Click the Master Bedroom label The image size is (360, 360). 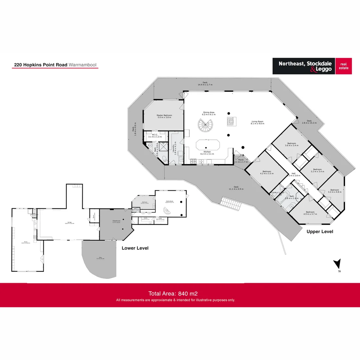[164, 116]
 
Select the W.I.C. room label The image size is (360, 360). [155, 136]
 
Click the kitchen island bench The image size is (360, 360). [207, 145]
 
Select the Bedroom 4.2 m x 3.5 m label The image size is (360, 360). [266, 172]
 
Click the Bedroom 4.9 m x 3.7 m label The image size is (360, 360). [310, 213]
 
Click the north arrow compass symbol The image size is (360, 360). [337, 264]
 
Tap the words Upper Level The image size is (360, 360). [320, 231]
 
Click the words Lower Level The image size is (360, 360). [135, 248]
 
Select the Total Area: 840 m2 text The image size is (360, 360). [173, 294]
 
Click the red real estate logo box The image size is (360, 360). [343, 66]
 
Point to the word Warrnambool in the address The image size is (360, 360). [83, 65]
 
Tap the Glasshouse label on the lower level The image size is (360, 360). [116, 221]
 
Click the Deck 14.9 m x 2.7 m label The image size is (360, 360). [205, 84]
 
